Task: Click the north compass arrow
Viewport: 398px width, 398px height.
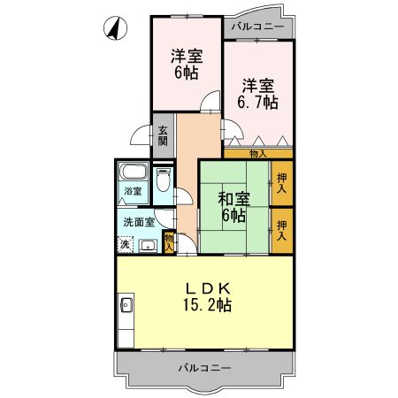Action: (x=113, y=28)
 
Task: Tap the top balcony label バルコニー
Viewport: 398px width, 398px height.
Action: (x=257, y=27)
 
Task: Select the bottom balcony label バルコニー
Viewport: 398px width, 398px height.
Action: (x=203, y=366)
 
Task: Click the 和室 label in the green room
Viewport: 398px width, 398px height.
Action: (x=234, y=198)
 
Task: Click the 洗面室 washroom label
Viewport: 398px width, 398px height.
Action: (x=139, y=222)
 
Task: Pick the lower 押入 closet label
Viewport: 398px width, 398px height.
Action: (x=281, y=231)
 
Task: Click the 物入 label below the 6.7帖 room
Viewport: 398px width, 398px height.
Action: (x=257, y=154)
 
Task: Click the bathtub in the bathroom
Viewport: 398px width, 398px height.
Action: (x=132, y=172)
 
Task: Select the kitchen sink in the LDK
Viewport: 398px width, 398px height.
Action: (x=126, y=307)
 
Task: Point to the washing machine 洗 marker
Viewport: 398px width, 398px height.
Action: (x=125, y=243)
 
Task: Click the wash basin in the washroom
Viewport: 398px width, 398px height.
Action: (x=148, y=245)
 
